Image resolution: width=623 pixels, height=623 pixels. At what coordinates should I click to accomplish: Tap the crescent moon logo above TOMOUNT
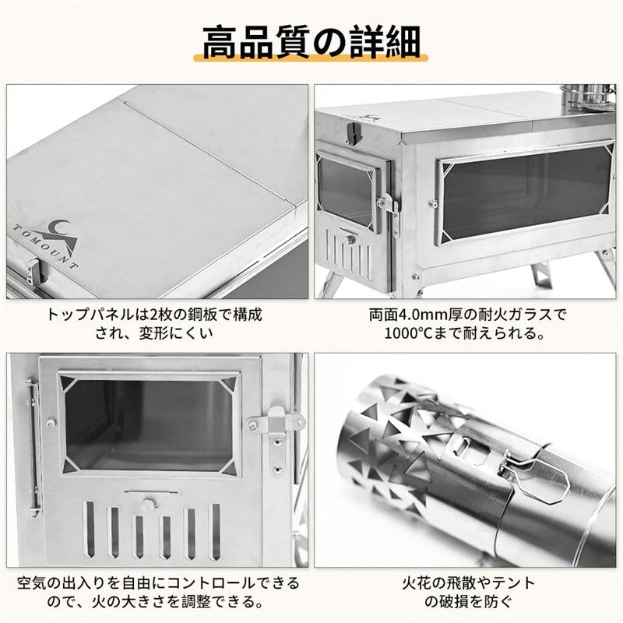64,226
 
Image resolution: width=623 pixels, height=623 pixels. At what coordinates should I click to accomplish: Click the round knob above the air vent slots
148,503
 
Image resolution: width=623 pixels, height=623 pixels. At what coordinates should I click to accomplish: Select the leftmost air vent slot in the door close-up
90,530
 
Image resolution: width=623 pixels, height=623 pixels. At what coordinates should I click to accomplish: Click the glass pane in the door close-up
148,424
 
